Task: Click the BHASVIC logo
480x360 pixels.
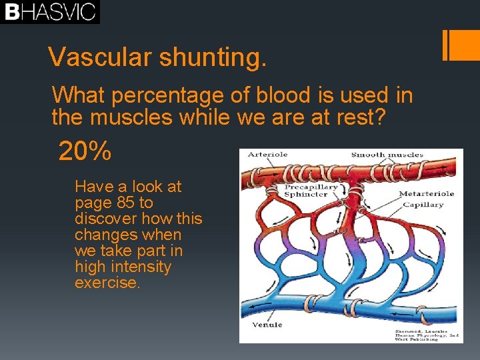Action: click(50, 12)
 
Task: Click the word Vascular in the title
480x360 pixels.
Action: click(99, 57)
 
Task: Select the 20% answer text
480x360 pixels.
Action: click(85, 151)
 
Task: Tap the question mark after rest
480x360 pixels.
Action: click(380, 117)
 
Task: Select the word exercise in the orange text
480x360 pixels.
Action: click(107, 283)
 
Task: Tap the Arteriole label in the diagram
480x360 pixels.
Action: click(267, 154)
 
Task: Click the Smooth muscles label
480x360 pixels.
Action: click(387, 155)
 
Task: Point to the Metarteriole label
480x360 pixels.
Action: click(427, 194)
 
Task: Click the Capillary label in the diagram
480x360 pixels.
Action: click(423, 205)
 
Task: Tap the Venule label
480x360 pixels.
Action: click(267, 325)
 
